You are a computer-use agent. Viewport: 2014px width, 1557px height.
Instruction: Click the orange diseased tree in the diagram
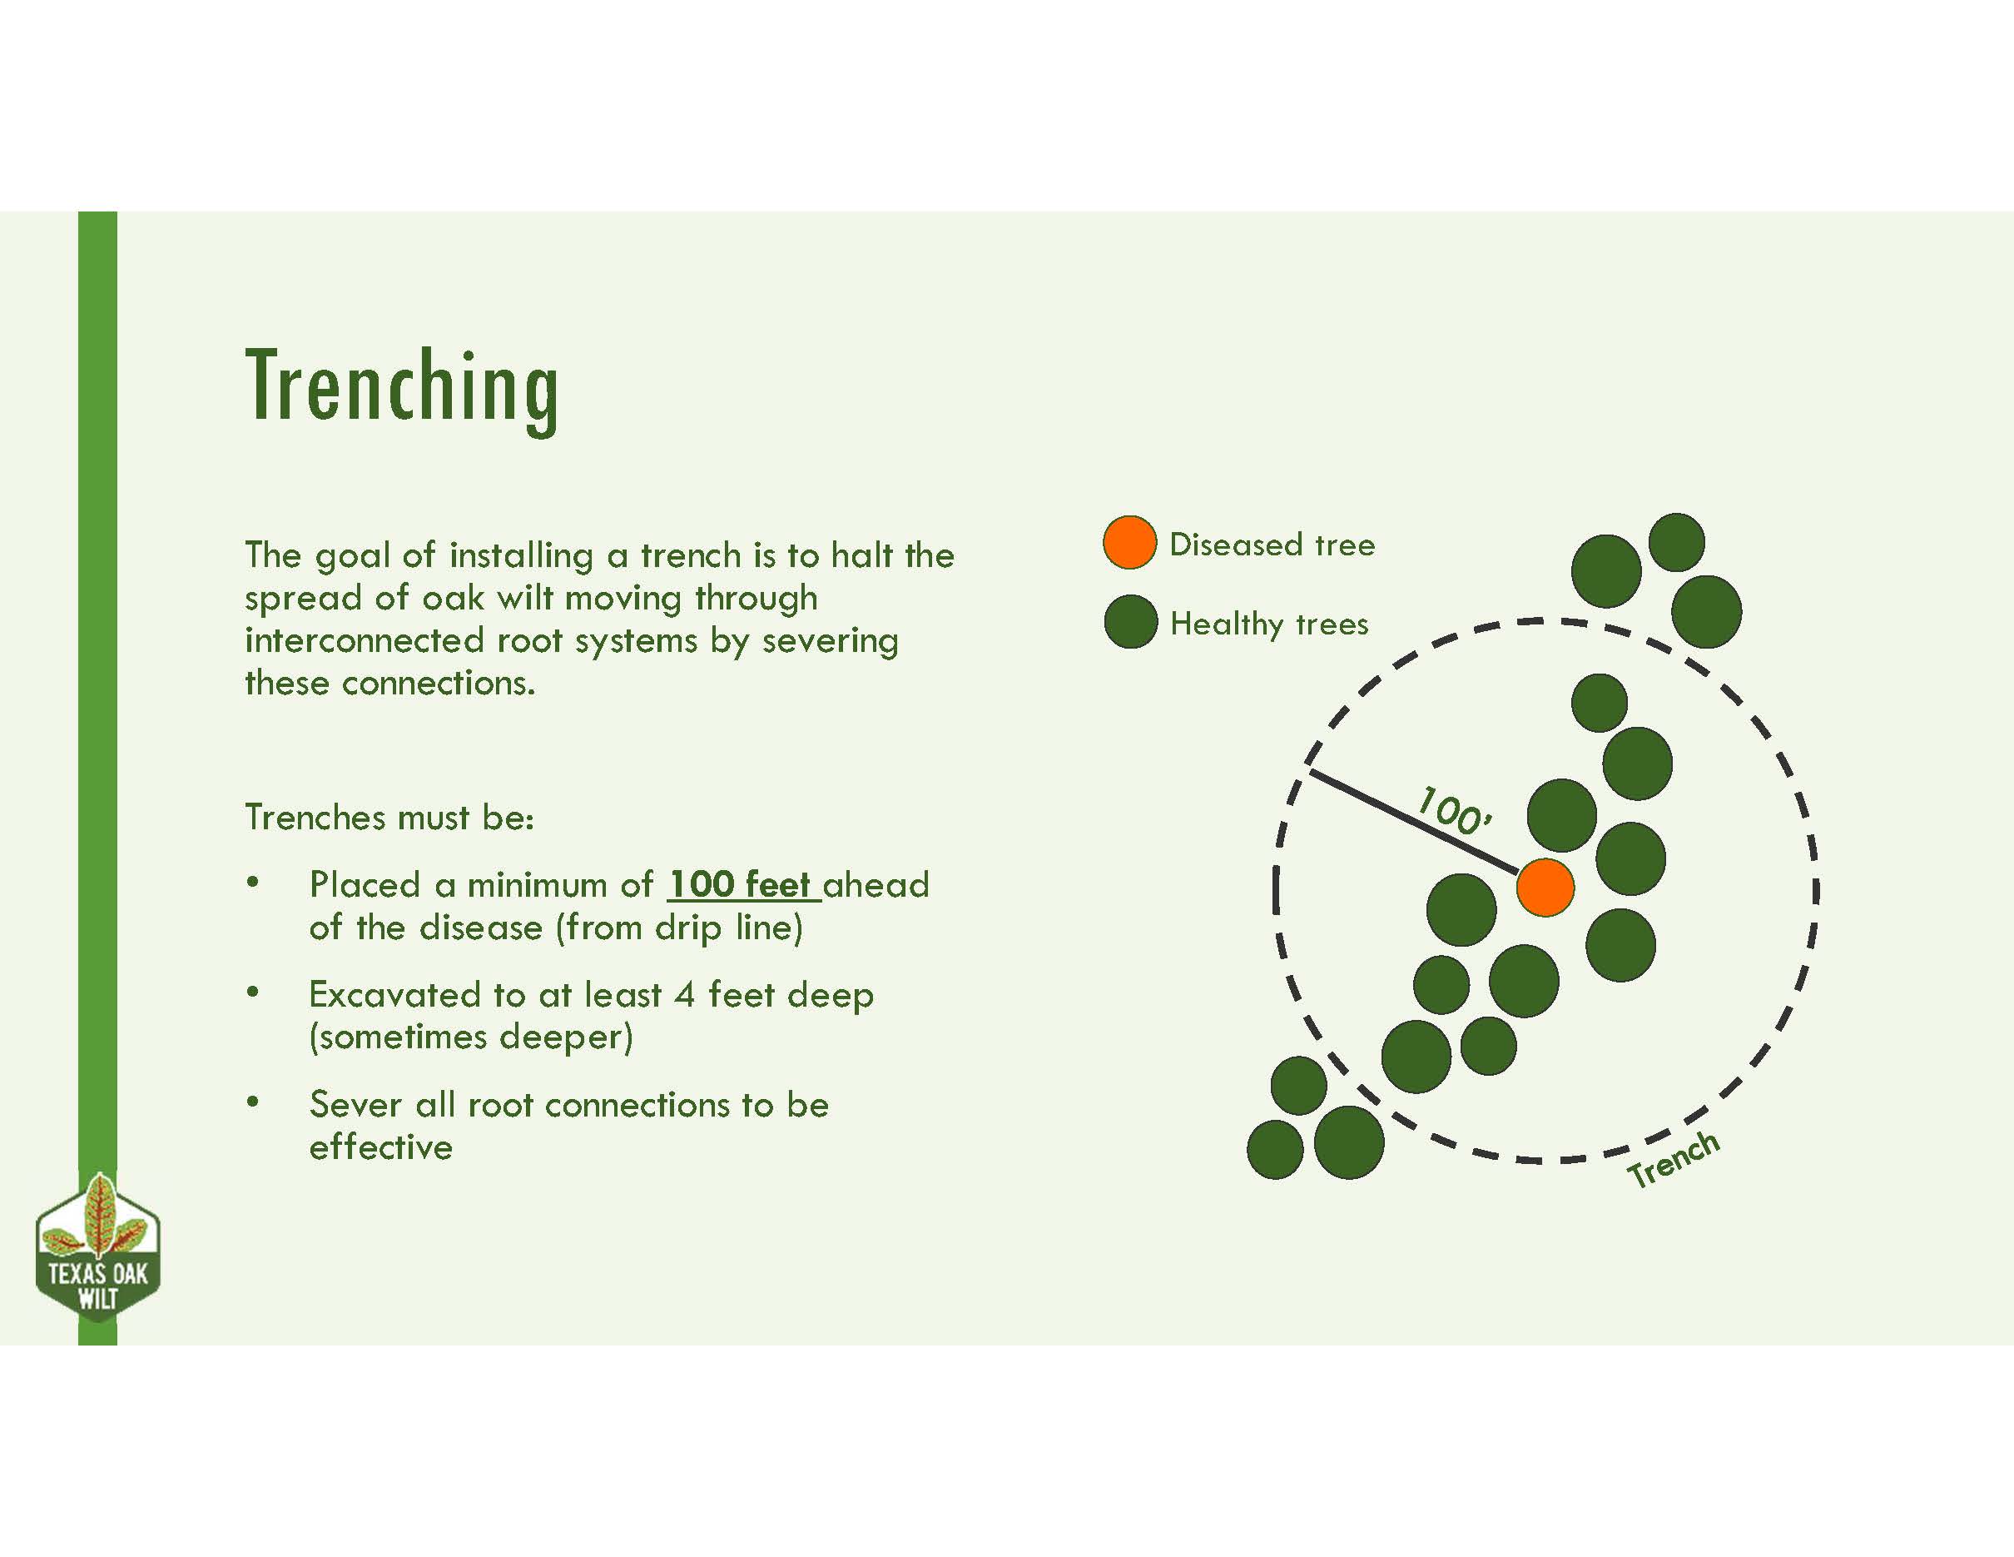click(x=1545, y=888)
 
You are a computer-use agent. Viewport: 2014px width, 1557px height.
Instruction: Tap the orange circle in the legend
click(x=1129, y=542)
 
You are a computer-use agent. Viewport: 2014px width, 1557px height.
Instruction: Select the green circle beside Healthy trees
click(x=1130, y=622)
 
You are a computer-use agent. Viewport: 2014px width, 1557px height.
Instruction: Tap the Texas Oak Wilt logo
click(x=97, y=1247)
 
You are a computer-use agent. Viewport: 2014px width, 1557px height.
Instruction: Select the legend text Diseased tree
click(x=1272, y=545)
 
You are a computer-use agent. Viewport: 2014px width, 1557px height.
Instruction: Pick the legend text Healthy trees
click(x=1269, y=624)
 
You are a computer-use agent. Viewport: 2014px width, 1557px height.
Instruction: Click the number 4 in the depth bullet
click(x=684, y=994)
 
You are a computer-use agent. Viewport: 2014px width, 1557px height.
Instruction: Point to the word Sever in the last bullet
click(x=356, y=1104)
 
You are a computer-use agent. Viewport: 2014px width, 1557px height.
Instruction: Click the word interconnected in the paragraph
click(x=365, y=640)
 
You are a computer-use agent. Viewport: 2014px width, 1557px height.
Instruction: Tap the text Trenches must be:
click(x=389, y=818)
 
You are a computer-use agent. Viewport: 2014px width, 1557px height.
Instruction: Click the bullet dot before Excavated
click(x=253, y=992)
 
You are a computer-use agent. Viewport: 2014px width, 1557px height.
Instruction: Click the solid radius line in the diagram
click(x=1414, y=822)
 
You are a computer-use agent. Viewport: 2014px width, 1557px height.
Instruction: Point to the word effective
click(x=381, y=1147)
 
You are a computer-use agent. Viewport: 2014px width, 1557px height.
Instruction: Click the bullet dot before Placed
click(x=253, y=882)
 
